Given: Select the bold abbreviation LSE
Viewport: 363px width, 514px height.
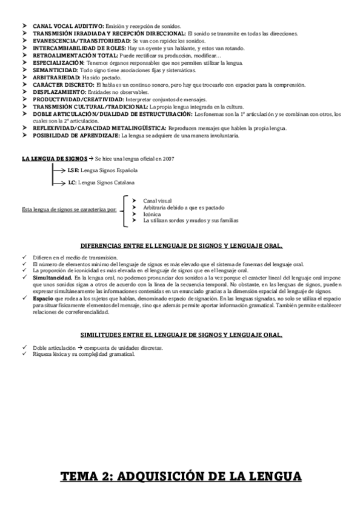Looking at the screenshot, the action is [x=73, y=170].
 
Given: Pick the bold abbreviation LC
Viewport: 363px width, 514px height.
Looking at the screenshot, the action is [x=72, y=182].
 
